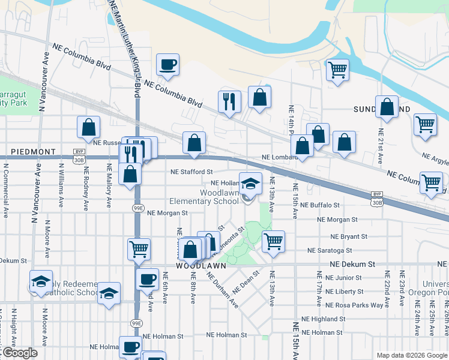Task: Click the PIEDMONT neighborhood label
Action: (x=32, y=152)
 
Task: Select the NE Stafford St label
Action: (x=192, y=171)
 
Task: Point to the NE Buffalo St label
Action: (x=320, y=205)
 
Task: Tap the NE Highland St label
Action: (x=325, y=319)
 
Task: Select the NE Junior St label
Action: (x=343, y=278)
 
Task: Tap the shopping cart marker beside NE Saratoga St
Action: (x=273, y=241)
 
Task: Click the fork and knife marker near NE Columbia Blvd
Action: (x=229, y=101)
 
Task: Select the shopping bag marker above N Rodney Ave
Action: (x=88, y=127)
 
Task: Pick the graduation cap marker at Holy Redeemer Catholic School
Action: (x=40, y=281)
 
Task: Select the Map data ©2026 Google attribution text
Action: (x=411, y=355)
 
